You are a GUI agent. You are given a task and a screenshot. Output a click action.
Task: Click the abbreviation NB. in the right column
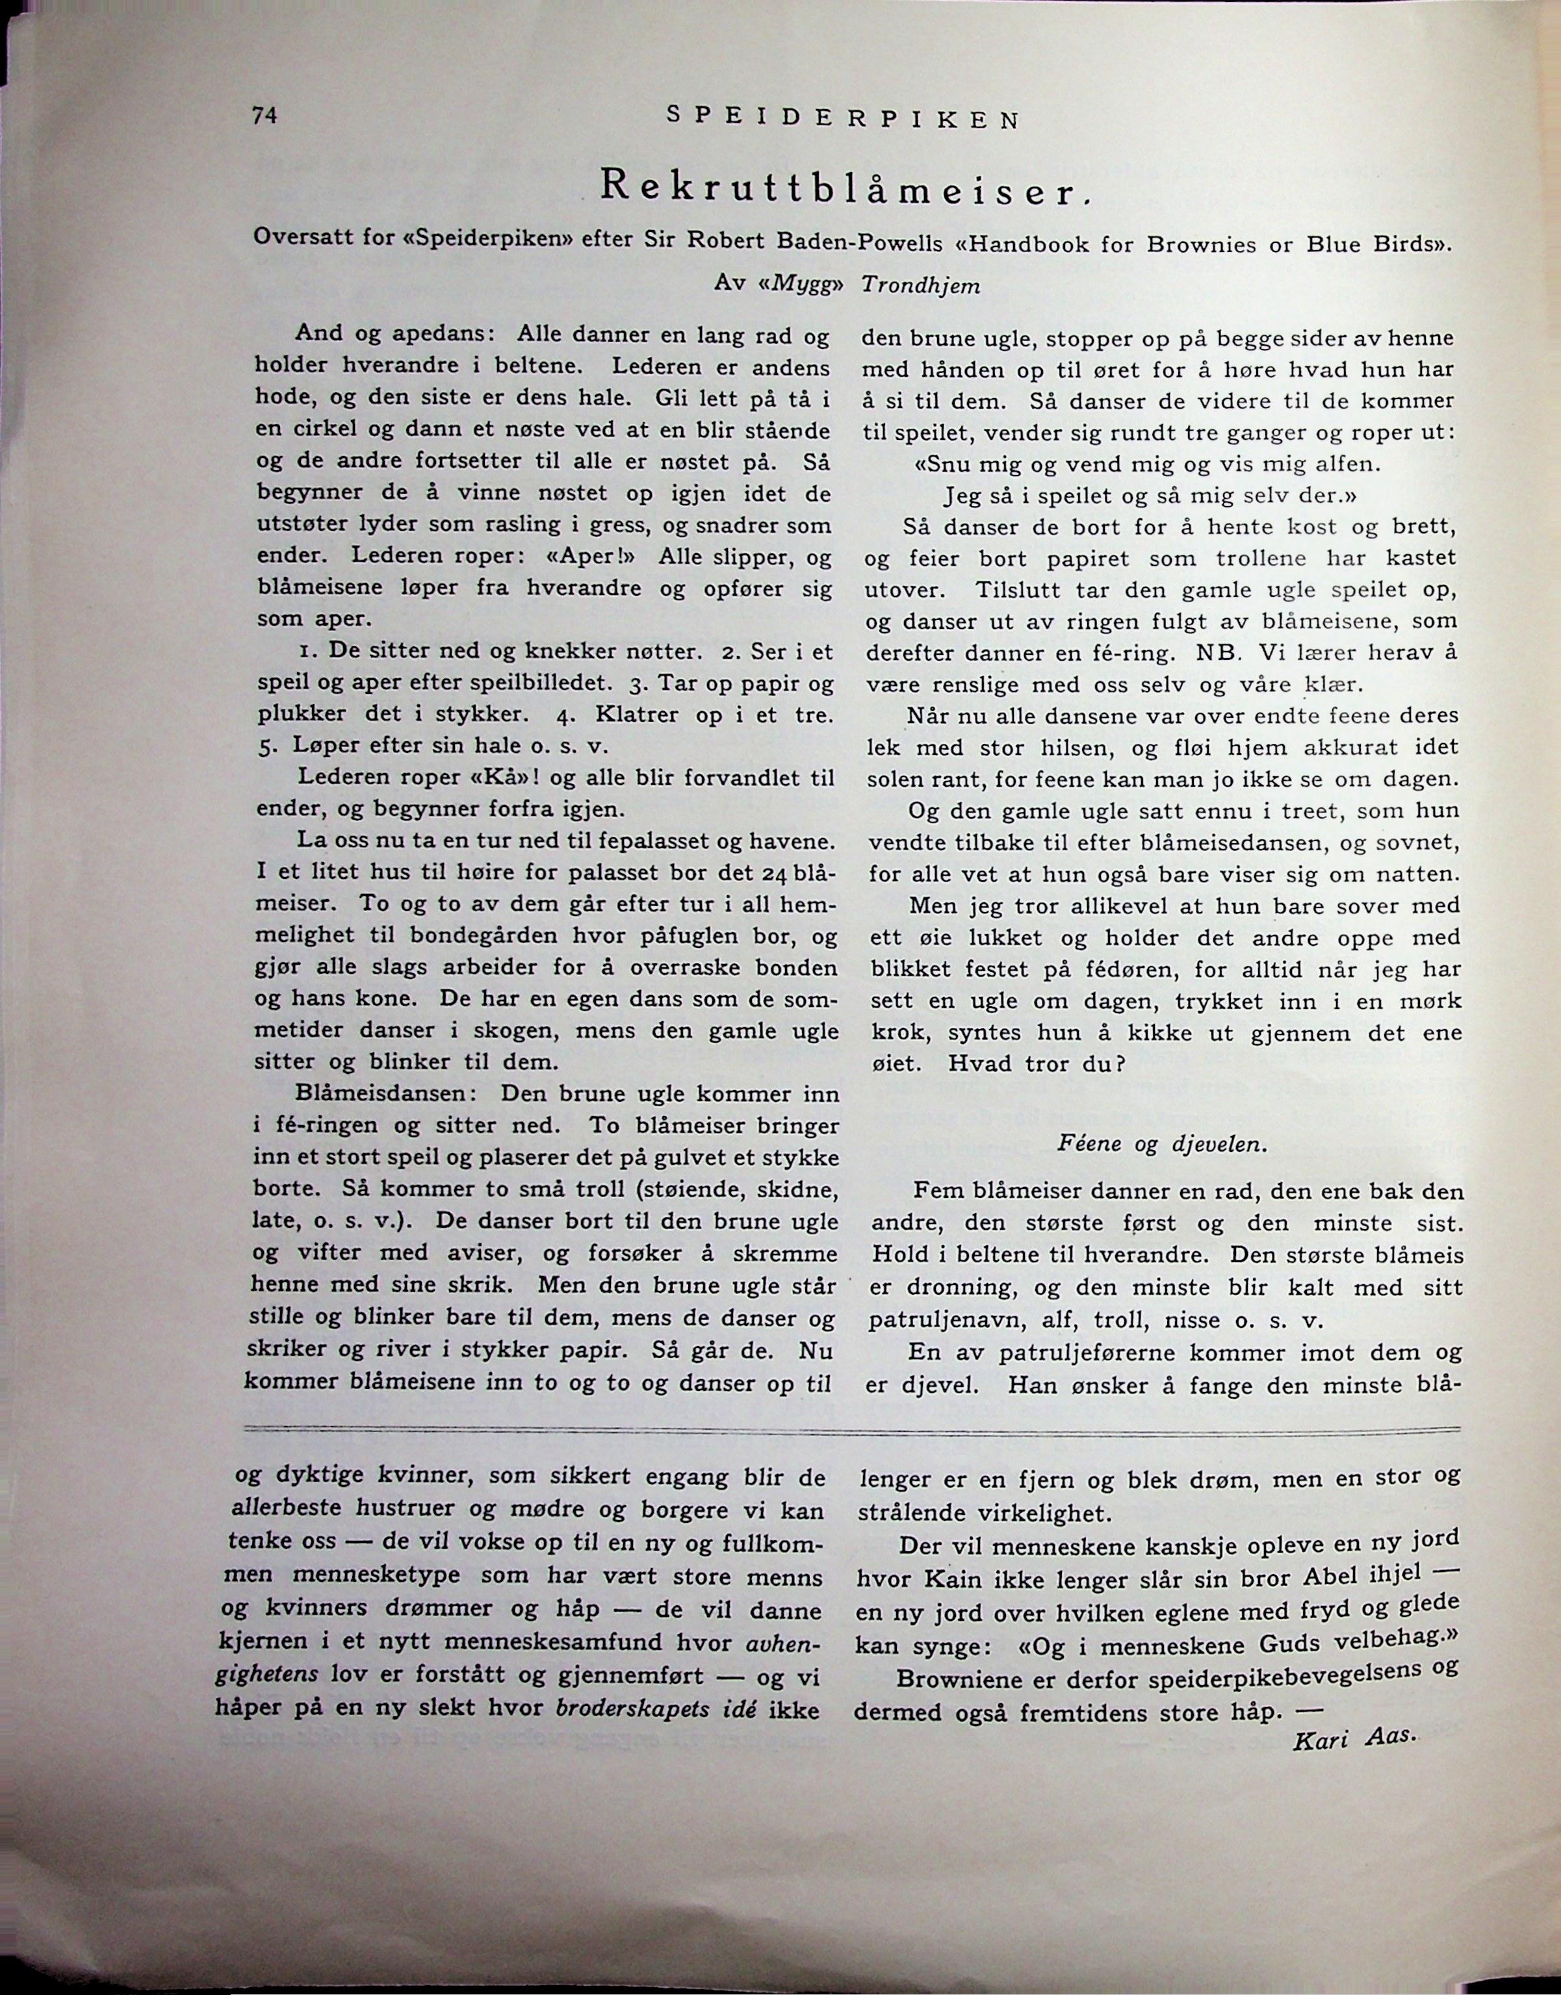(1215, 654)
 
